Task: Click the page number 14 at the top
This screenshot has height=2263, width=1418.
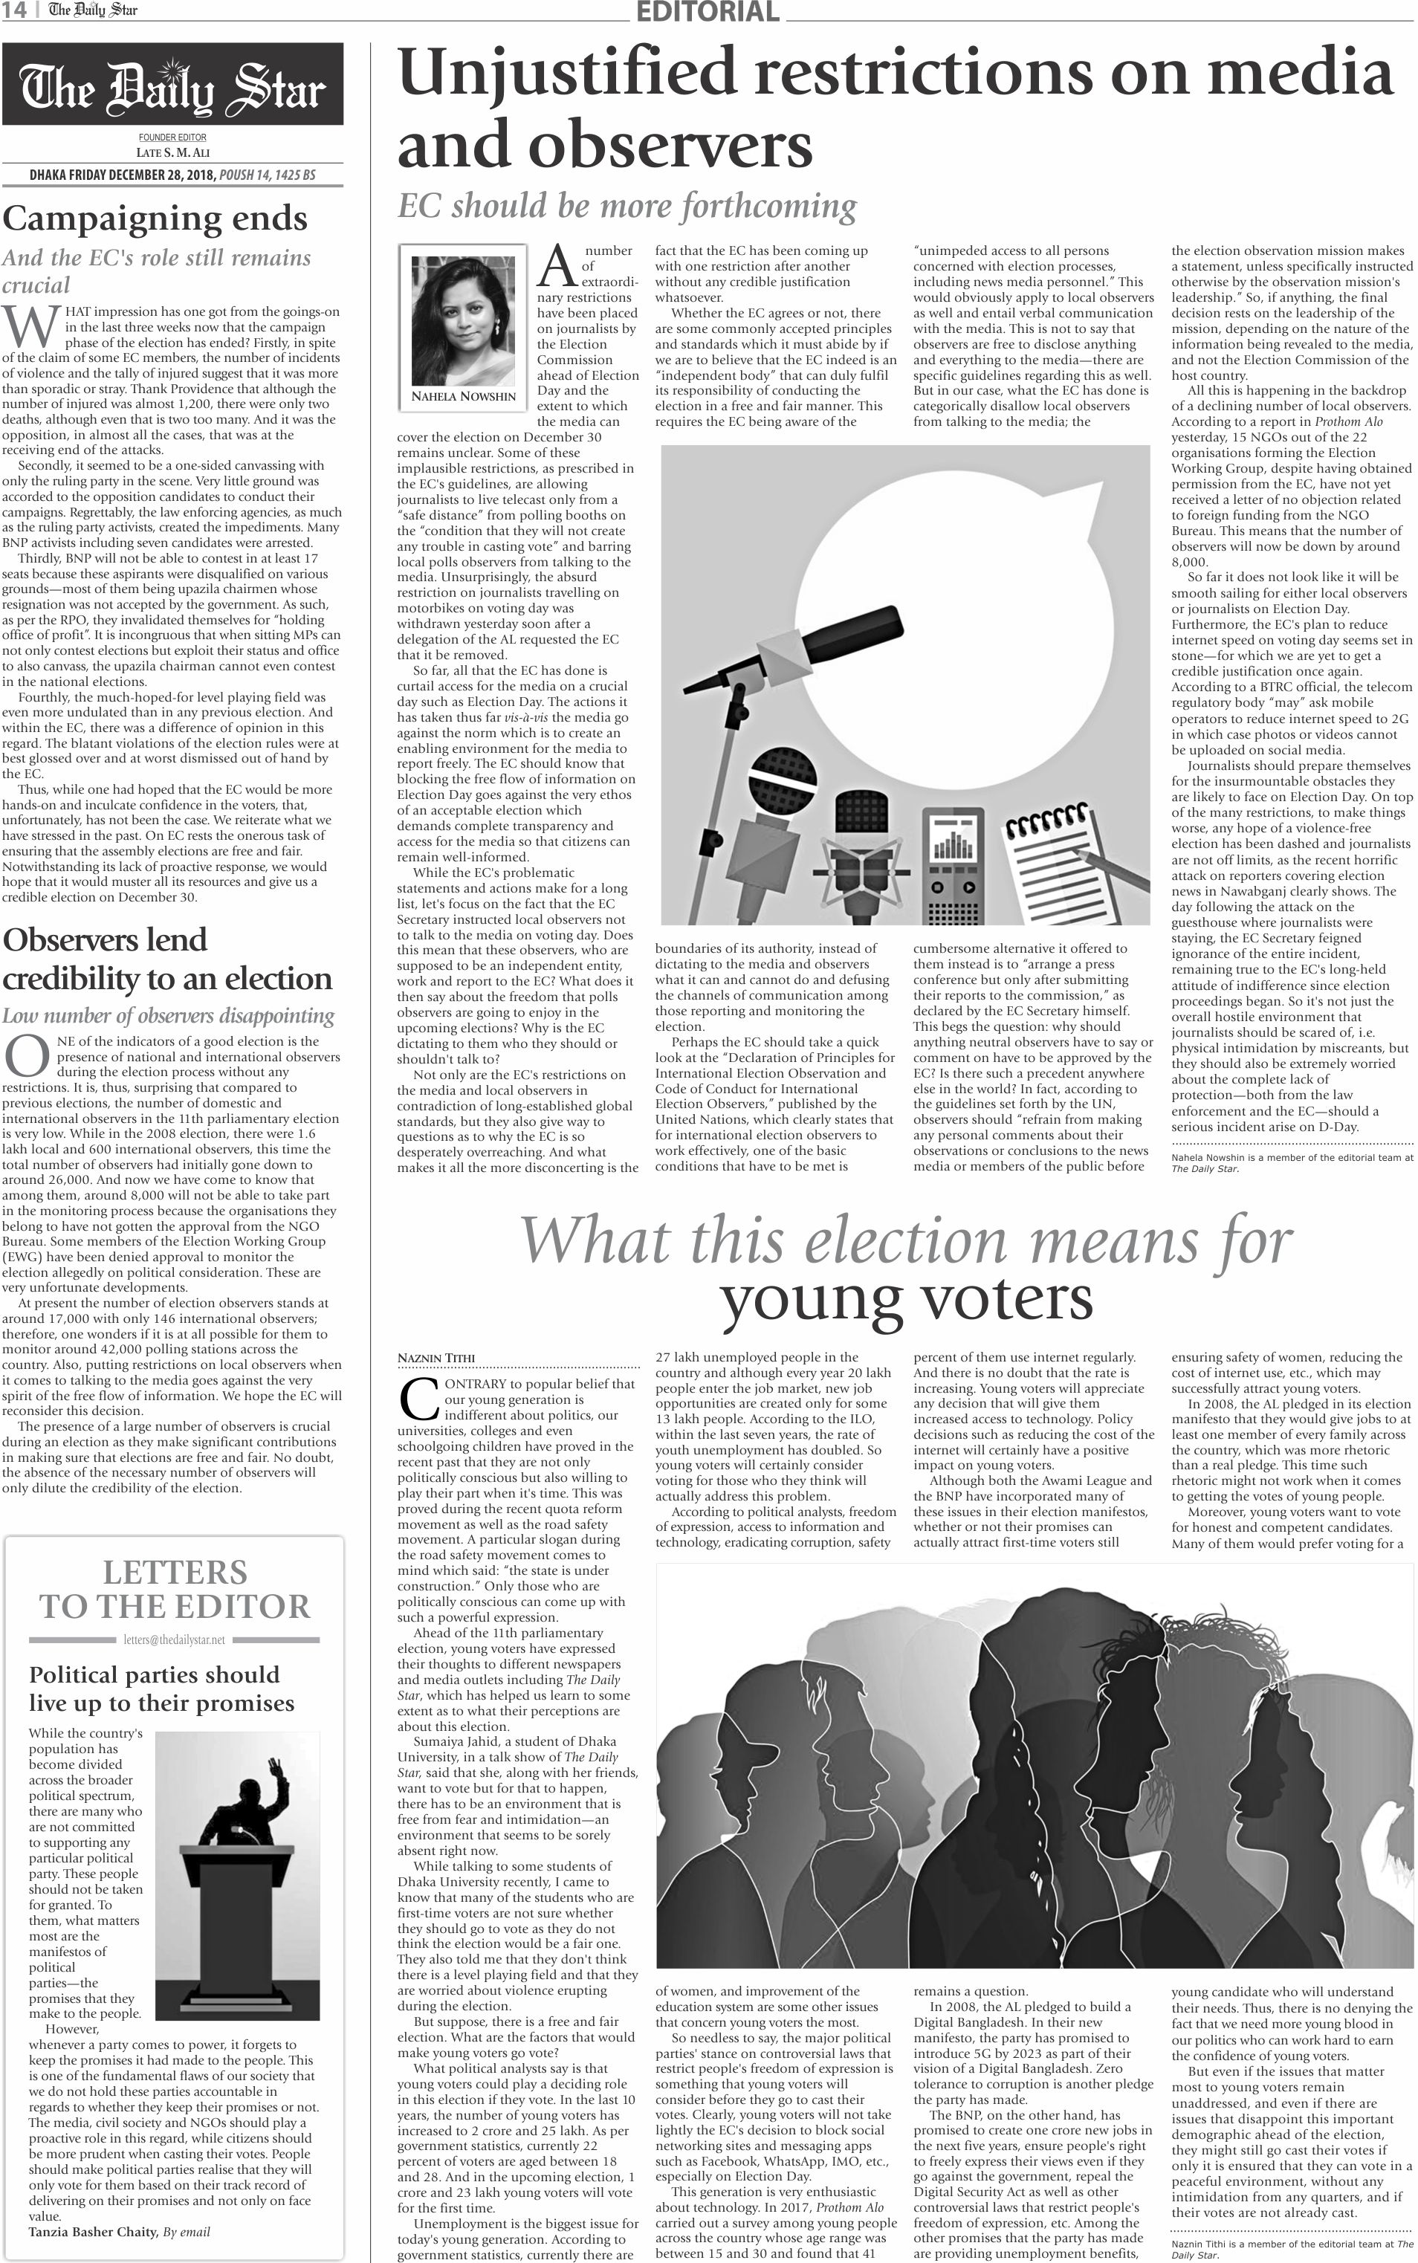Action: click(x=13, y=10)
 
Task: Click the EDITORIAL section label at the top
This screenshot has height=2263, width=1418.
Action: click(x=707, y=11)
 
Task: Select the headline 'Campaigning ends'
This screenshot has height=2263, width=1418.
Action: click(x=155, y=218)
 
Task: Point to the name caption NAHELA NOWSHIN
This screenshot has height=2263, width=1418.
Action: click(x=463, y=397)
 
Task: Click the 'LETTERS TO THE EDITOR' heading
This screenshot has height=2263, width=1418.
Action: click(x=175, y=1589)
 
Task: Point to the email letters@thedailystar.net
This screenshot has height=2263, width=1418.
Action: click(x=175, y=1640)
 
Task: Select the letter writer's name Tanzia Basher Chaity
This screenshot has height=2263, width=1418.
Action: click(x=93, y=2231)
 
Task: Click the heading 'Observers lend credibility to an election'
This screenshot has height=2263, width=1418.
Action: click(x=167, y=959)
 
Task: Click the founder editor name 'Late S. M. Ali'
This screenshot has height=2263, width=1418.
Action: click(x=173, y=152)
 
